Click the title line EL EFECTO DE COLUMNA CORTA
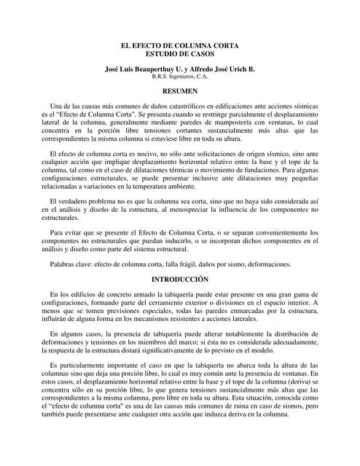click(179, 46)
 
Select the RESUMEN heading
click(179, 90)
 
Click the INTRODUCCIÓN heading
click(179, 279)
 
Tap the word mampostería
click(227, 125)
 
